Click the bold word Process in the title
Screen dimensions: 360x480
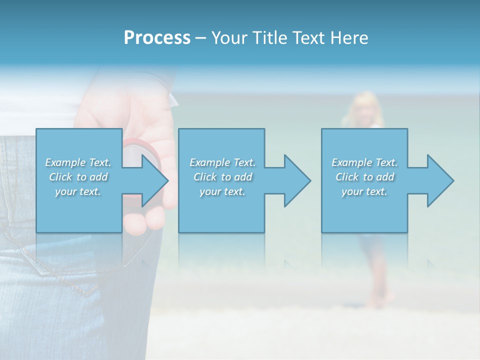click(157, 38)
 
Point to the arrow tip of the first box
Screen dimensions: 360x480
click(167, 180)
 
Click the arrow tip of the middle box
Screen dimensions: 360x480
click(309, 180)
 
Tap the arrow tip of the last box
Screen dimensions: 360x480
click(452, 180)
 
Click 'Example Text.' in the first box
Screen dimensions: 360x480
click(78, 162)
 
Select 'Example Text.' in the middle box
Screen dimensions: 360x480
click(222, 162)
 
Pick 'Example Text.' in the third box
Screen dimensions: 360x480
click(364, 162)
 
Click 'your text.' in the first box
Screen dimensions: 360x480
click(78, 192)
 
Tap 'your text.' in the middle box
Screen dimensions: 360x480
click(222, 192)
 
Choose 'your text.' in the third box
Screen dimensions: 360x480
click(364, 192)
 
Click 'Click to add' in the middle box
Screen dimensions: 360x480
click(222, 177)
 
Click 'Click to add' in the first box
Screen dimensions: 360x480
click(78, 177)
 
